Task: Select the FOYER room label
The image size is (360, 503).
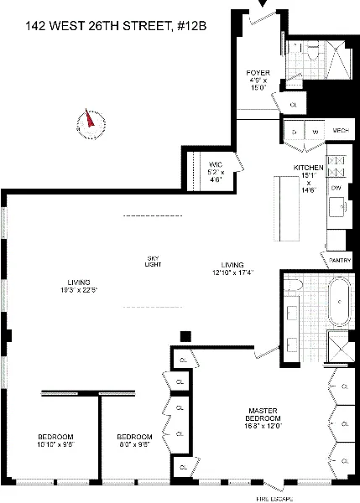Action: click(x=257, y=73)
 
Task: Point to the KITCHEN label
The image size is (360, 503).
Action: click(x=308, y=168)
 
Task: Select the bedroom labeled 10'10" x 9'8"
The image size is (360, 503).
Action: click(x=55, y=442)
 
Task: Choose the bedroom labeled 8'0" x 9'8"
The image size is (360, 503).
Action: click(x=133, y=442)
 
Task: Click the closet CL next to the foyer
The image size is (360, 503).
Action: click(x=293, y=104)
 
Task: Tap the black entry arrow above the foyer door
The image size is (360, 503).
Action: click(x=268, y=5)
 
